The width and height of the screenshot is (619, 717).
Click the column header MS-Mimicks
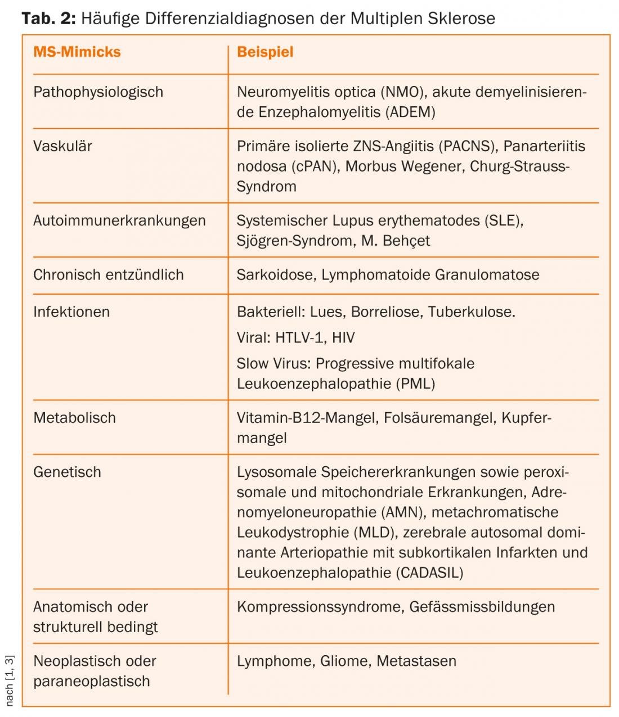pyautogui.click(x=77, y=52)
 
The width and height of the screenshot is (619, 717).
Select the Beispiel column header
pyautogui.click(x=265, y=52)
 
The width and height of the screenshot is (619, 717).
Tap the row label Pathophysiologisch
pyautogui.click(x=98, y=92)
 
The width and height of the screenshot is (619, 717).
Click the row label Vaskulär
pyautogui.click(x=62, y=146)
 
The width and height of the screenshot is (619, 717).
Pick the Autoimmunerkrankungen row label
pyautogui.click(x=119, y=220)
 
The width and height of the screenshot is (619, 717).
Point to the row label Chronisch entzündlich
pyautogui.click(x=109, y=275)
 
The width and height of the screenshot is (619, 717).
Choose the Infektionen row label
pyautogui.click(x=71, y=312)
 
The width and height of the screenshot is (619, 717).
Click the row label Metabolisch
pyautogui.click(x=74, y=418)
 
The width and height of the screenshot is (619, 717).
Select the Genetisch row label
pyautogui.click(x=67, y=472)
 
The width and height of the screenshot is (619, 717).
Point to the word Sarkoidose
pyautogui.click(x=275, y=275)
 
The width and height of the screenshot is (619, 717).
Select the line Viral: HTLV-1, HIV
pyautogui.click(x=295, y=337)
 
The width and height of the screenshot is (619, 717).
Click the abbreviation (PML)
pyautogui.click(x=416, y=384)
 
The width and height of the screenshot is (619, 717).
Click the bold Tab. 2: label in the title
pyautogui.click(x=48, y=19)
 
